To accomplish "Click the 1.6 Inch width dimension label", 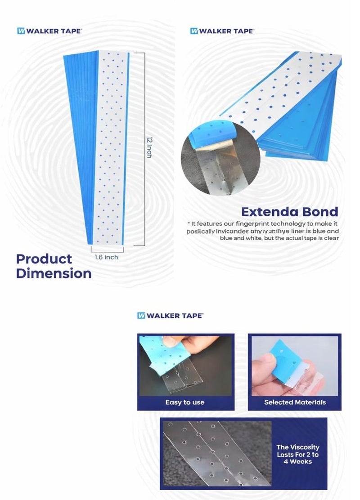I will (x=107, y=257).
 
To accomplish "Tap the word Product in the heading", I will (x=44, y=259).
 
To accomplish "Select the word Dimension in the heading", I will (x=54, y=273).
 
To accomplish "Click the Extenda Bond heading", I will (x=289, y=212).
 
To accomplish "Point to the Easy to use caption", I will (x=184, y=402).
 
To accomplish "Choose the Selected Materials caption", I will (x=295, y=402).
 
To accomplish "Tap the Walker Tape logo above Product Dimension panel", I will (x=49, y=31).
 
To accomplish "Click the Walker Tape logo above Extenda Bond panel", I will (x=222, y=31).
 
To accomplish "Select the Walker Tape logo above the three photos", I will (x=170, y=316).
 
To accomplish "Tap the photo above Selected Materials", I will (x=295, y=366).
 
